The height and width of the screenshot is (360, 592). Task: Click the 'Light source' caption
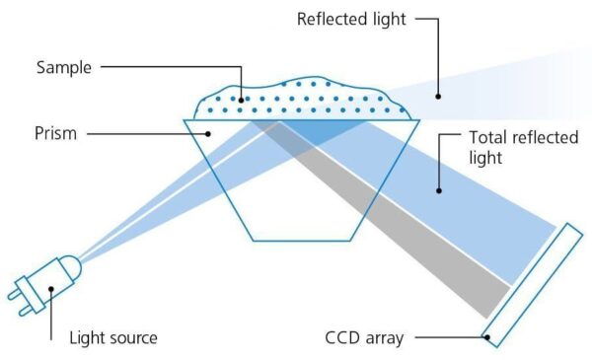[x=112, y=337]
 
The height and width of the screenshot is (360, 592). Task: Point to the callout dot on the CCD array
[x=487, y=338]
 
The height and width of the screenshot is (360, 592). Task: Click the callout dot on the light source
[x=48, y=290]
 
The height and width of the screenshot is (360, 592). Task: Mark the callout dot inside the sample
[x=242, y=99]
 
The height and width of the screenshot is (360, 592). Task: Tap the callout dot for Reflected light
[x=440, y=97]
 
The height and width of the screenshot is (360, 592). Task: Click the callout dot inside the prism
[x=206, y=132]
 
